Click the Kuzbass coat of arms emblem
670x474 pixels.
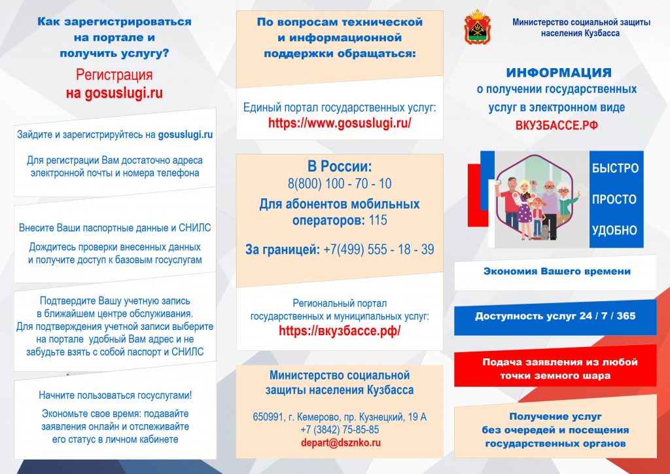[477, 27]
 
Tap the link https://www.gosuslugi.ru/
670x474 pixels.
[340, 123]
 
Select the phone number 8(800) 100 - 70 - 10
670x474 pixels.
[340, 184]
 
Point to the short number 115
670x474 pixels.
[378, 220]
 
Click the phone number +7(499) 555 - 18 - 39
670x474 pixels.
[379, 249]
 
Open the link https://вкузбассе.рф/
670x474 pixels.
[340, 331]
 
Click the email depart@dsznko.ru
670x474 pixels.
[340, 443]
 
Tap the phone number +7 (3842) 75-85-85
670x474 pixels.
[340, 429]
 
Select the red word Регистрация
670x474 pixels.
[114, 75]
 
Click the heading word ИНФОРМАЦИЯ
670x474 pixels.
[559, 73]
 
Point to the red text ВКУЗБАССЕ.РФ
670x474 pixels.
[556, 126]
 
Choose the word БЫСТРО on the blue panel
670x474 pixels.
[615, 168]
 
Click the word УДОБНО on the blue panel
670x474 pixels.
[614, 230]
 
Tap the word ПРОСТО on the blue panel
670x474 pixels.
[614, 199]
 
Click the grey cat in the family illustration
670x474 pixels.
[545, 232]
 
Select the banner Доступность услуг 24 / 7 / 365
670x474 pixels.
[555, 317]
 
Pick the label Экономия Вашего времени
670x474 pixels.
[557, 272]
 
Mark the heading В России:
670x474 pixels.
[340, 166]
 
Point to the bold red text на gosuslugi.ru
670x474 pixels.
[114, 93]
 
